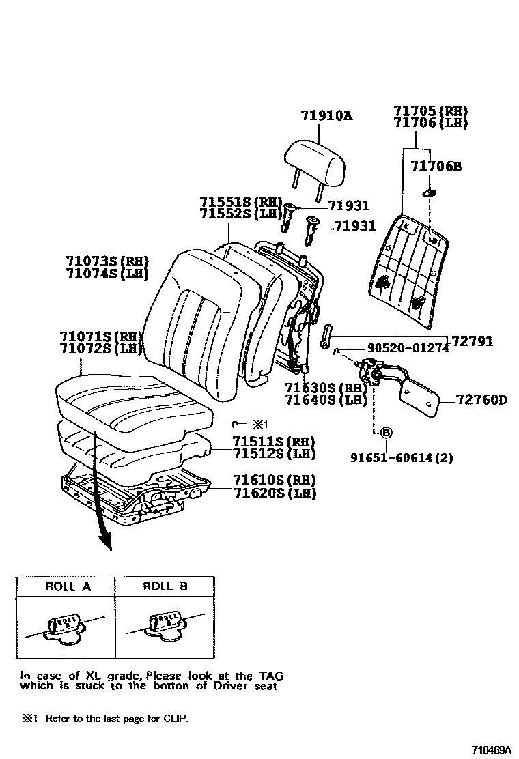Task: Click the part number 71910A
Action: click(326, 116)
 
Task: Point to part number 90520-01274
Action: click(408, 348)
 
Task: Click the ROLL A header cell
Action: click(68, 586)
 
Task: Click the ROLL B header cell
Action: click(165, 586)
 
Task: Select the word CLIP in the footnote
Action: click(176, 719)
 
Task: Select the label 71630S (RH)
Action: click(316, 388)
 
